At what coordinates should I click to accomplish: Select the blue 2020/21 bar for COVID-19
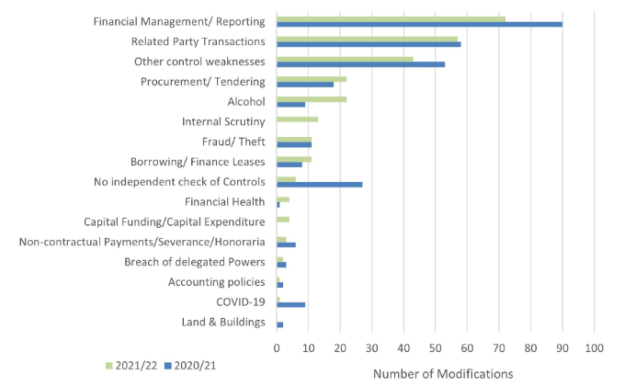point(290,304)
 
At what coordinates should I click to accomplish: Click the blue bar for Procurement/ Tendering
point(305,84)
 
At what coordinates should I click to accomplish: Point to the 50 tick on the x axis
point(436,348)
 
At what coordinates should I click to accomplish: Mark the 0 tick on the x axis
point(277,348)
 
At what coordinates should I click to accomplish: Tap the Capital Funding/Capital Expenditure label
point(175,221)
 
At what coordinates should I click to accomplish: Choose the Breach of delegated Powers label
point(195,262)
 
